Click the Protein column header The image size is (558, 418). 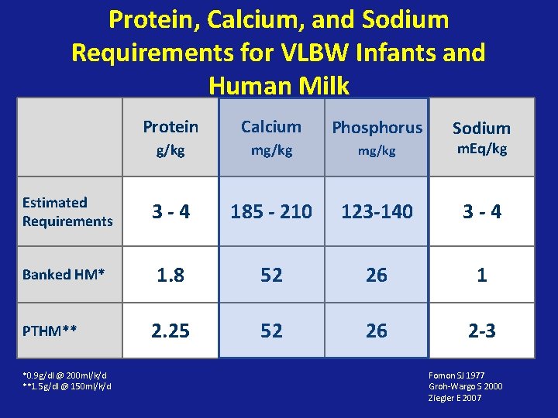point(170,126)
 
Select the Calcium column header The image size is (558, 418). point(270,126)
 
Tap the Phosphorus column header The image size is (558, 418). point(377,128)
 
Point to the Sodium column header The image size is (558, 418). point(481,128)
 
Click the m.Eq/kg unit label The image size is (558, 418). point(481,149)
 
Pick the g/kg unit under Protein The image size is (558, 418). point(170,150)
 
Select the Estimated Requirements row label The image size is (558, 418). point(67,211)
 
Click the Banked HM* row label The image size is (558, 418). point(64,274)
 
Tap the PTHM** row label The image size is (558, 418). point(50,331)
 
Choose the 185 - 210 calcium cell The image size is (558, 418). point(270,211)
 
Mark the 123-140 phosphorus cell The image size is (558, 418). point(377,211)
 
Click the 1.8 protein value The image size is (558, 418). point(170,275)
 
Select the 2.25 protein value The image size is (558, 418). point(170,331)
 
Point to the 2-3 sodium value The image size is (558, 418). point(481,331)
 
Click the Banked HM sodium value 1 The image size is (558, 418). point(481,275)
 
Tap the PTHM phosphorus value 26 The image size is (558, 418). point(377,331)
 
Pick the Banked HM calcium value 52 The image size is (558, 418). point(270,275)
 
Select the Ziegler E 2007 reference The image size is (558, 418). point(455,397)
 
